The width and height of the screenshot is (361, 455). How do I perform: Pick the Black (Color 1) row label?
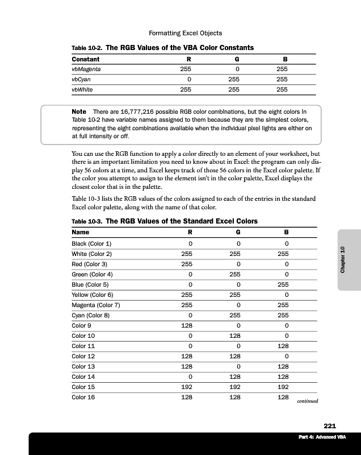point(91,243)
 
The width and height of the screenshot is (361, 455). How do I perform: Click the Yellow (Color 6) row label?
point(92,295)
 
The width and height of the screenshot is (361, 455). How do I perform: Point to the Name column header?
point(80,232)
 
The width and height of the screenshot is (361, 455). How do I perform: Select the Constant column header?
point(86,59)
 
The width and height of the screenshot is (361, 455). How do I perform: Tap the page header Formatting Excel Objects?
point(180,33)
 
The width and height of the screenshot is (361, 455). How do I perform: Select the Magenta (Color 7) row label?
point(95,305)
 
